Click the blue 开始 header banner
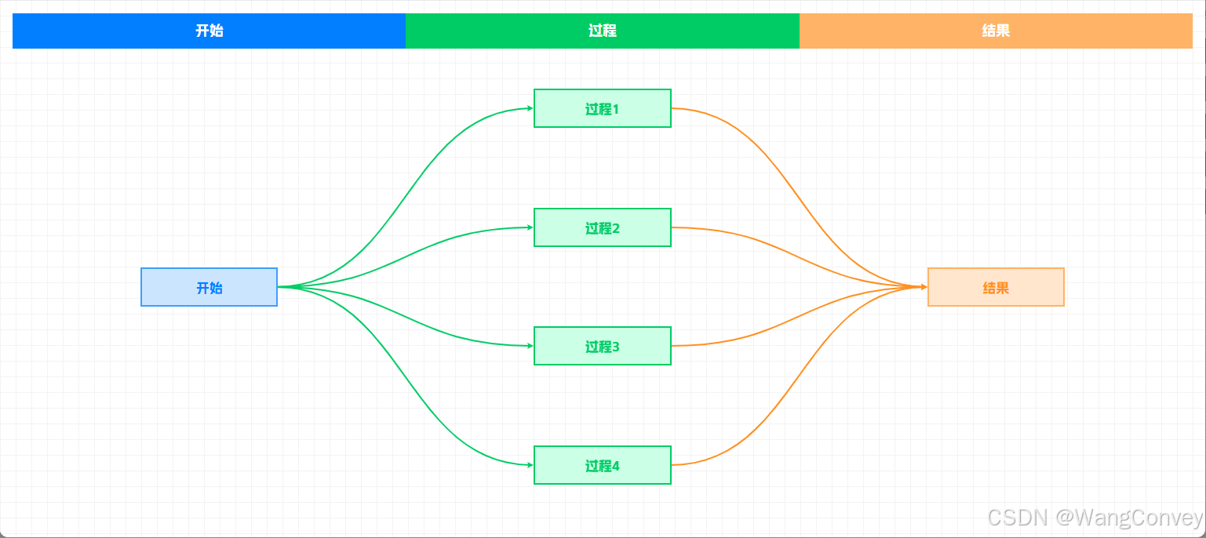pyautogui.click(x=209, y=31)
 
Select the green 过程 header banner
pyautogui.click(x=602, y=31)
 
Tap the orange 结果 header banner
pyautogui.click(x=996, y=31)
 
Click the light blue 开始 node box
pyautogui.click(x=209, y=287)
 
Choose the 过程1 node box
pyautogui.click(x=602, y=108)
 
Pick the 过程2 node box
pyautogui.click(x=602, y=227)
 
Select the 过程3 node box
pyautogui.click(x=602, y=346)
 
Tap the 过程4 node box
pyautogui.click(x=602, y=465)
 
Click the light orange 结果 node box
pyautogui.click(x=996, y=287)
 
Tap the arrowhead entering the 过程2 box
pyautogui.click(x=530, y=227)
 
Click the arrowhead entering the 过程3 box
pyautogui.click(x=530, y=346)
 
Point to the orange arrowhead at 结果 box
pyautogui.click(x=924, y=287)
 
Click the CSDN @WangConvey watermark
pyautogui.click(x=1095, y=518)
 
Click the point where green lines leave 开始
pyautogui.click(x=280, y=287)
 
